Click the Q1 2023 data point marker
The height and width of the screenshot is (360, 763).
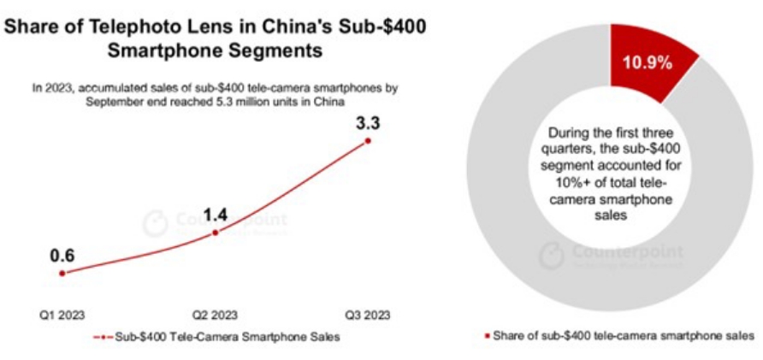62,273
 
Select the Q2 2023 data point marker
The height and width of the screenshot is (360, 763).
215,232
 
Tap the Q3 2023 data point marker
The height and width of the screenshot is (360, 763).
368,140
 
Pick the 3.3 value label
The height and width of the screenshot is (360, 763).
368,121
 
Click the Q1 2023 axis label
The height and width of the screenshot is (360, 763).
62,315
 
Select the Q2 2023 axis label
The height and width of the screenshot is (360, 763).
215,315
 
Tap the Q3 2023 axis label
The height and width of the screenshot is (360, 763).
368,315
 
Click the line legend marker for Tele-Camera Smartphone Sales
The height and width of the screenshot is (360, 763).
102,337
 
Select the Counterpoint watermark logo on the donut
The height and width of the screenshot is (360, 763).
553,252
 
